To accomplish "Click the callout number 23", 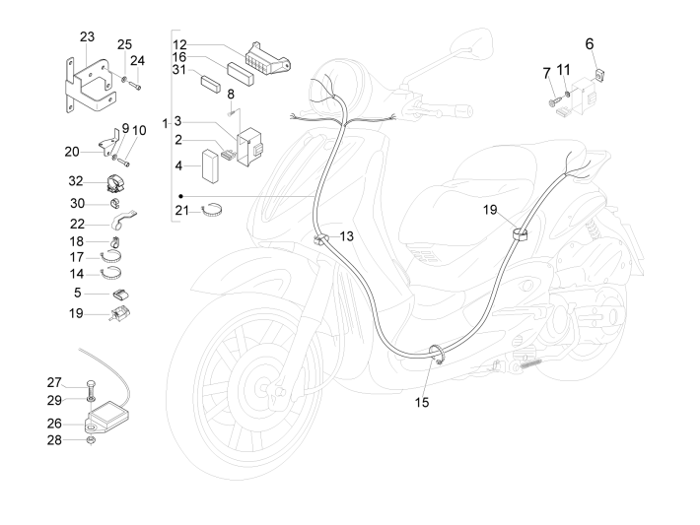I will (87, 36).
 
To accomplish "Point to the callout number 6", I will (591, 43).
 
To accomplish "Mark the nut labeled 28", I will (88, 439).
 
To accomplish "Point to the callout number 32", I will (76, 181).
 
